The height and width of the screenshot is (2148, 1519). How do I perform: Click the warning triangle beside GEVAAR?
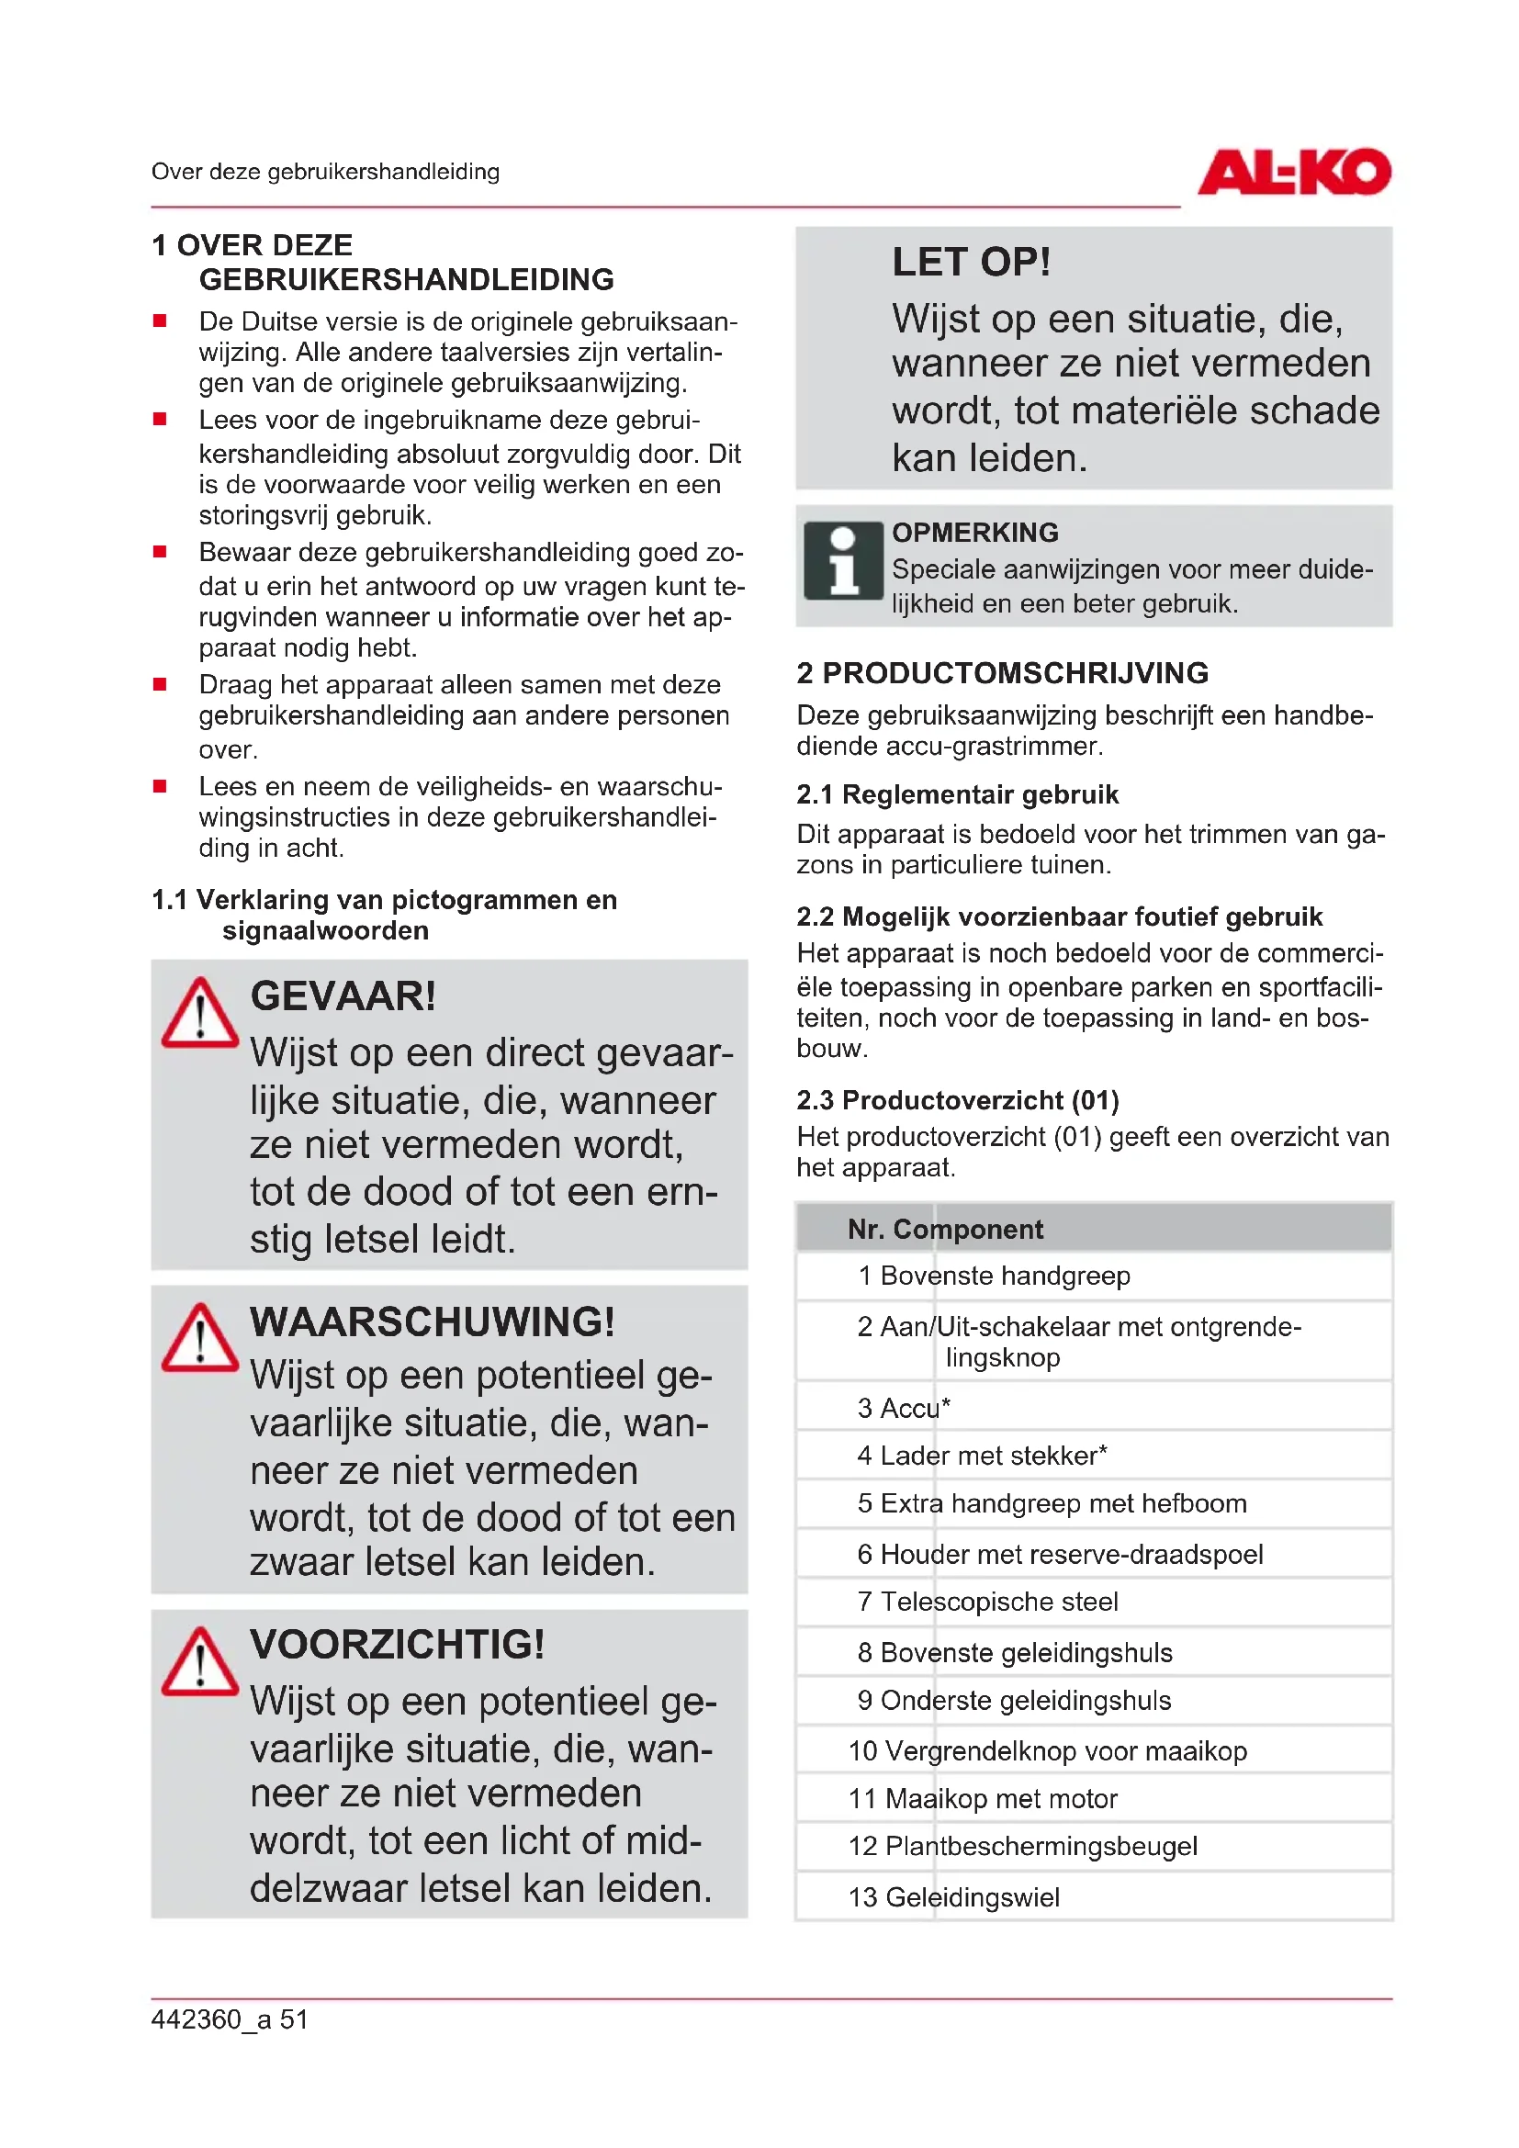199,1014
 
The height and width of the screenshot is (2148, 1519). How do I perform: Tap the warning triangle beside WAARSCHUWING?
199,1339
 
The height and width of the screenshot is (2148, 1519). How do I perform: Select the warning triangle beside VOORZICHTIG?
199,1663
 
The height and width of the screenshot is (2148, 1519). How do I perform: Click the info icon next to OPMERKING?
843,560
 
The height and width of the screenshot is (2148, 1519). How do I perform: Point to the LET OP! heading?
971,263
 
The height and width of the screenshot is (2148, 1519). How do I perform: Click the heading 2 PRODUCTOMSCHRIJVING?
1002,672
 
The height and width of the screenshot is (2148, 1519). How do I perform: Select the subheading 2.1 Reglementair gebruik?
957,794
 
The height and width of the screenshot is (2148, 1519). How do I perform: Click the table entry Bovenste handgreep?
1005,1276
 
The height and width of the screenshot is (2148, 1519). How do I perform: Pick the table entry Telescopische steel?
998,1602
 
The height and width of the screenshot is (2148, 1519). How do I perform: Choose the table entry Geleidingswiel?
972,1897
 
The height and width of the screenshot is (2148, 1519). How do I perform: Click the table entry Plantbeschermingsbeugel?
1041,1846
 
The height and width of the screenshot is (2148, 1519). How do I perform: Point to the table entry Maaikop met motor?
1001,1798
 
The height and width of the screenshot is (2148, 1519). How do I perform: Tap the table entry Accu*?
915,1408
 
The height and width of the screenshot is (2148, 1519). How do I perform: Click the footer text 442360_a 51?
230,2019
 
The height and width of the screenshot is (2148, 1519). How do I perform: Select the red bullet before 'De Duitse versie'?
160,321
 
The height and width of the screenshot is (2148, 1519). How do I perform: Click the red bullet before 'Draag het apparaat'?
160,684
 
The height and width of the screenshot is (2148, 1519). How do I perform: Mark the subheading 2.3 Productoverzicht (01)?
957,1099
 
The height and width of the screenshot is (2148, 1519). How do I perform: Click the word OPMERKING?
974,533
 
